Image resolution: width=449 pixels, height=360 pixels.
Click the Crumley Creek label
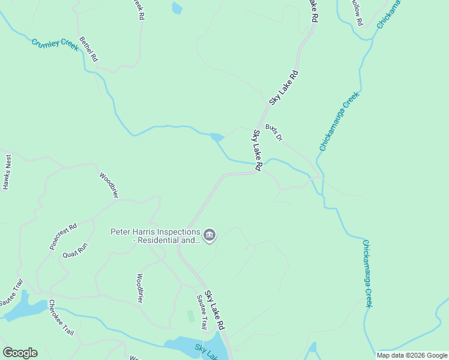click(55, 45)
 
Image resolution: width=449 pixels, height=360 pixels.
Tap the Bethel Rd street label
click(88, 49)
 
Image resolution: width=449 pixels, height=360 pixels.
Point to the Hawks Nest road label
click(7, 172)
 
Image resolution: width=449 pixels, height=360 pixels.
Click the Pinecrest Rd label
click(63, 236)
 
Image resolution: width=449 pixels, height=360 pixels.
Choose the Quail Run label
click(75, 250)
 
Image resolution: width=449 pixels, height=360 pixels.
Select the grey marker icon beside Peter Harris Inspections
click(209, 235)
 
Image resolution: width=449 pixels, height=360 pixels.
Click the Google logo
click(20, 353)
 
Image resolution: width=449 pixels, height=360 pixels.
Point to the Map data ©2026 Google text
click(412, 355)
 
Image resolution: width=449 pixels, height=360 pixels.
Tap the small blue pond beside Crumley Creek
click(217, 137)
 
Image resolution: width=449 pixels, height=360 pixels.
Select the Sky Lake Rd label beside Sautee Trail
click(214, 310)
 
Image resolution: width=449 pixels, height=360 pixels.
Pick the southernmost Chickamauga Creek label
click(368, 273)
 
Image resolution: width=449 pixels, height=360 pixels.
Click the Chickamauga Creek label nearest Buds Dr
click(339, 121)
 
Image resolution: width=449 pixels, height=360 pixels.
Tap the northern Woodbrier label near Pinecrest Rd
click(109, 185)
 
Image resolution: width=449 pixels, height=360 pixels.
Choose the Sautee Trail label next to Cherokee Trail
click(12, 292)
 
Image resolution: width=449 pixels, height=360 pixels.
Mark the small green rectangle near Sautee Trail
click(191, 316)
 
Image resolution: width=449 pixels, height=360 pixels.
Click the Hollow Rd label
click(357, 12)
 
